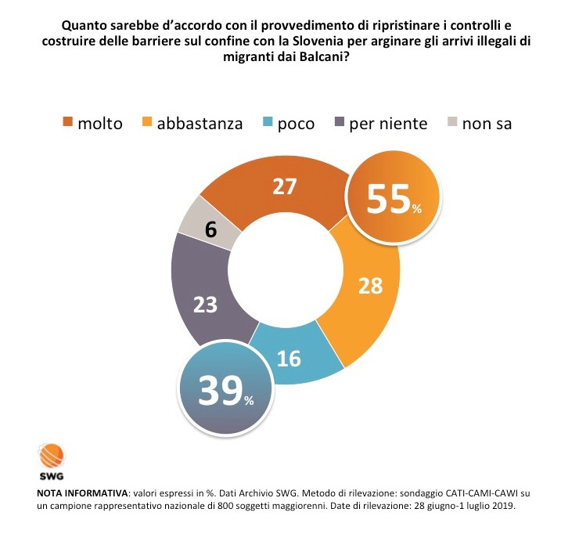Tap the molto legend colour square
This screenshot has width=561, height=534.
point(69,123)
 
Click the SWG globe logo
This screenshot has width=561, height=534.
point(52,455)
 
